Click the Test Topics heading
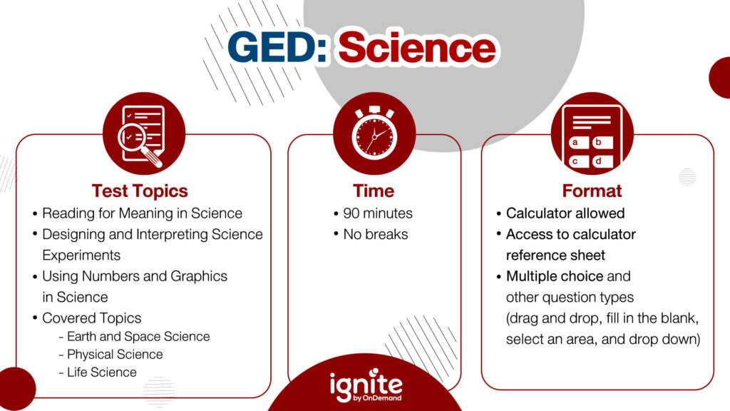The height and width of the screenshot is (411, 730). coord(140,191)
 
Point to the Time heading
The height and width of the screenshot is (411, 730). coord(374,191)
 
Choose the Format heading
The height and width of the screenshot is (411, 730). coord(592,191)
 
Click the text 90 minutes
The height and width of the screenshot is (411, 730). coord(378,213)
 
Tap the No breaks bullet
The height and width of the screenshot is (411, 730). coord(376,234)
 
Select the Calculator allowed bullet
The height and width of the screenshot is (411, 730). coord(565,213)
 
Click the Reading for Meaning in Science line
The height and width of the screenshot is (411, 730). coord(142,213)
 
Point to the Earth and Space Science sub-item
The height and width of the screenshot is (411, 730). coord(138,337)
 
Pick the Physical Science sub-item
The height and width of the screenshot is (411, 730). coord(115,355)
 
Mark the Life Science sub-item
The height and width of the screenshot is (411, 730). coord(102,372)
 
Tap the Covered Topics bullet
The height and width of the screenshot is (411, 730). coord(91,318)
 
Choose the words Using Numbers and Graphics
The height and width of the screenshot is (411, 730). coord(135,276)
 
